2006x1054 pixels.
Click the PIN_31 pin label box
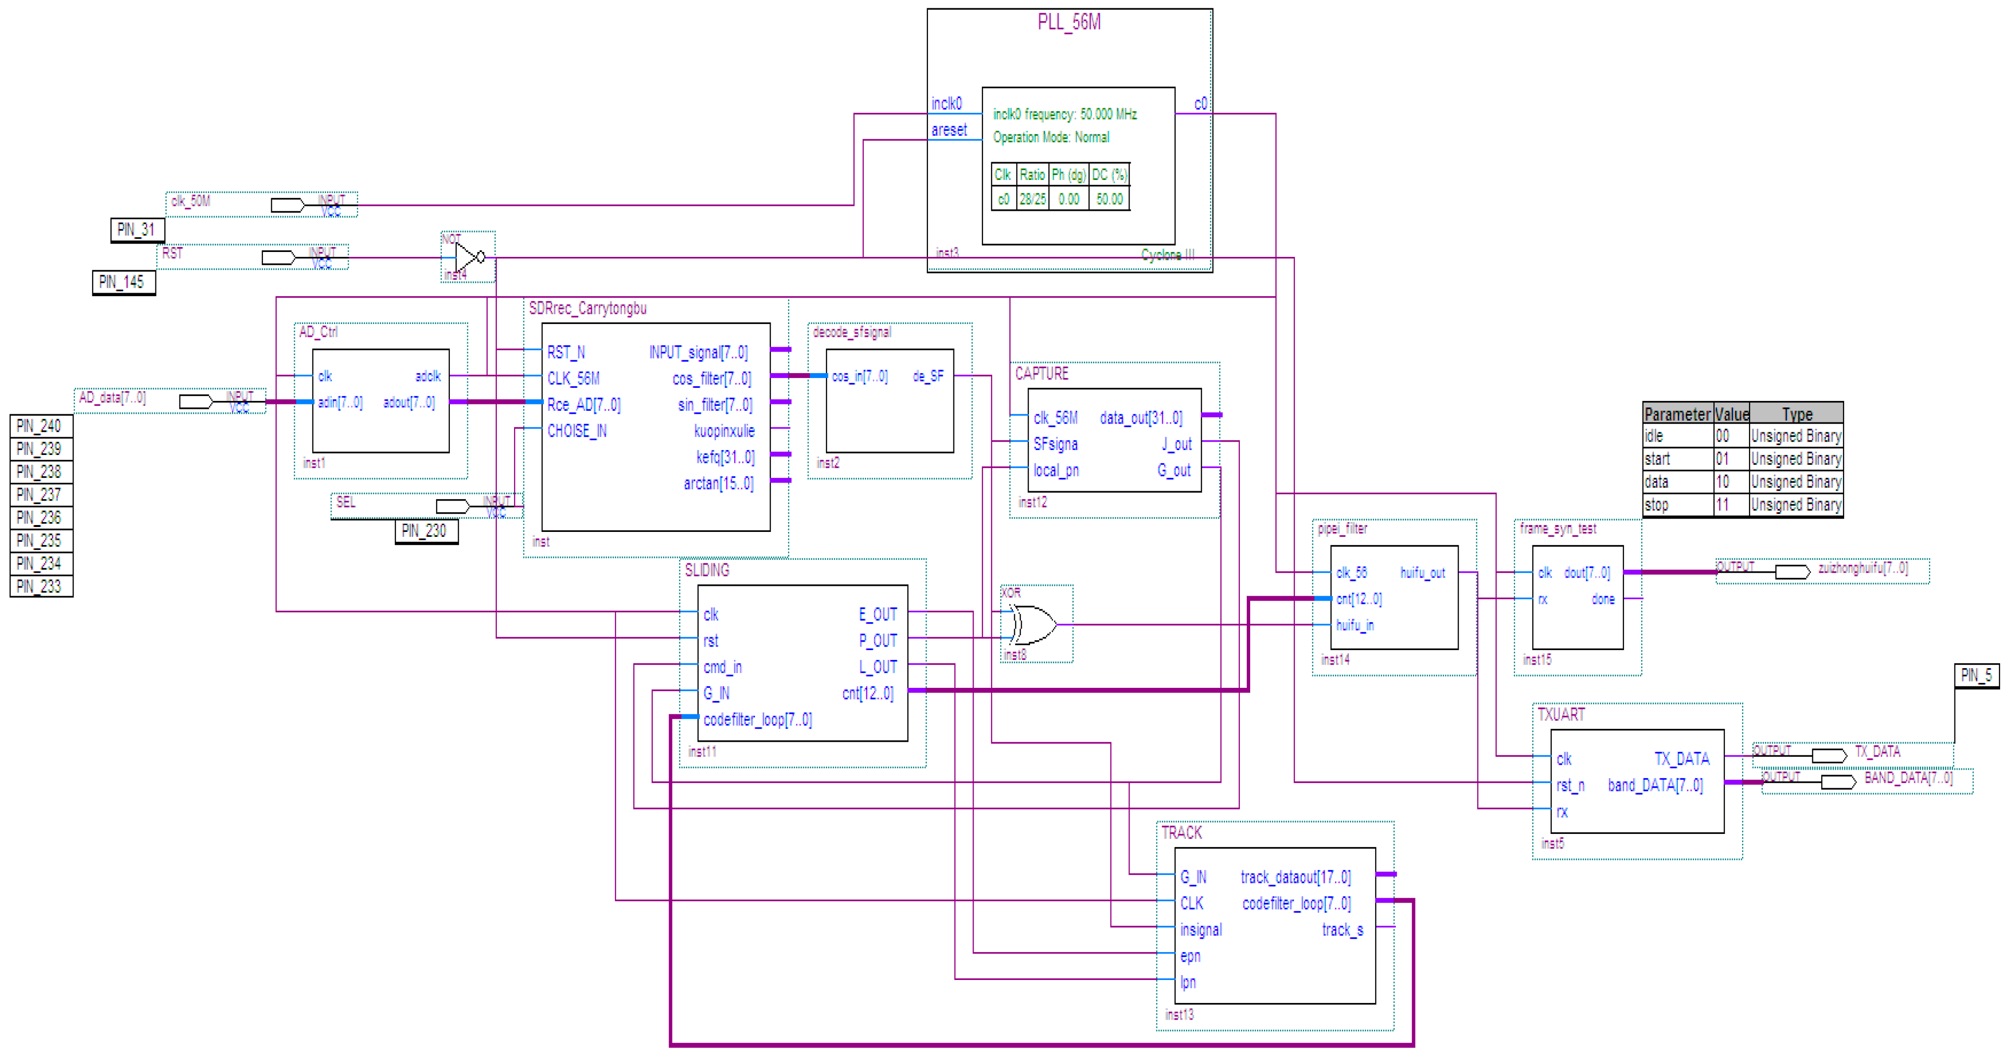(x=136, y=229)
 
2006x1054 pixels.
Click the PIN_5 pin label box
(x=1976, y=676)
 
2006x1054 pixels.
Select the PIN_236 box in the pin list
(x=41, y=518)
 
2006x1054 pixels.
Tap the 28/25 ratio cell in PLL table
(x=1032, y=199)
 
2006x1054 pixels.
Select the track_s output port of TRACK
(x=1342, y=929)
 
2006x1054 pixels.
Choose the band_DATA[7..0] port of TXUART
(x=1655, y=785)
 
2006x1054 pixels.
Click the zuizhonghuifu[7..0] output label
(x=1863, y=568)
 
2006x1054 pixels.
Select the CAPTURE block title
(x=1041, y=374)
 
